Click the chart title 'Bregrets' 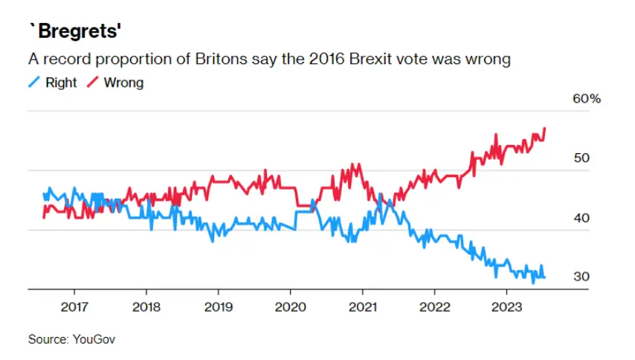click(x=74, y=32)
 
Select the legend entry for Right click(x=60, y=83)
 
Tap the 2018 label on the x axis click(x=146, y=307)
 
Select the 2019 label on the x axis click(x=219, y=307)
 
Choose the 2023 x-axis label click(x=506, y=307)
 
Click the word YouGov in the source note click(x=94, y=339)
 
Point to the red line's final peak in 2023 click(x=544, y=128)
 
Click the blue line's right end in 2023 click(x=544, y=277)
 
